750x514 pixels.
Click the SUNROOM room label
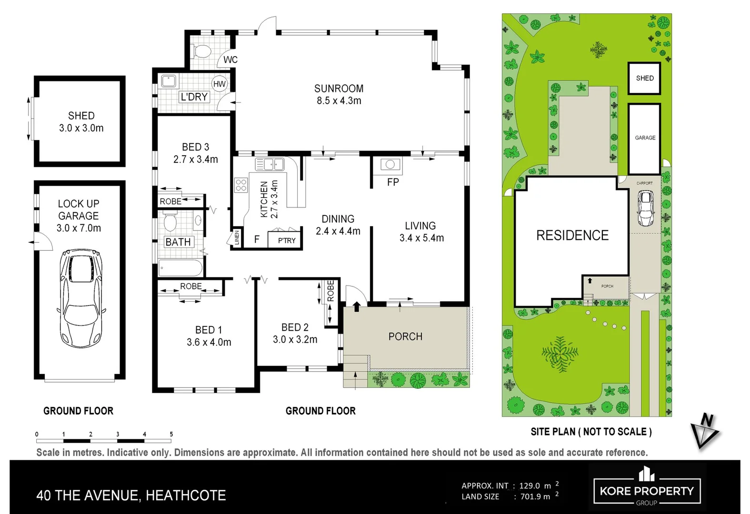tap(339, 89)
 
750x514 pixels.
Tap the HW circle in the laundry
tap(220, 84)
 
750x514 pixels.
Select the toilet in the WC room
tap(203, 51)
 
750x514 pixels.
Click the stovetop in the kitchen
tap(241, 185)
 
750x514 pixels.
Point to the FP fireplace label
tap(393, 182)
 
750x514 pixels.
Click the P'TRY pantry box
tap(286, 240)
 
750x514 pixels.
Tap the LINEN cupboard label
tap(237, 237)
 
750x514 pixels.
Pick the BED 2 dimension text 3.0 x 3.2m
tap(295, 339)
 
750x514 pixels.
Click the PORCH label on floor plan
tap(405, 336)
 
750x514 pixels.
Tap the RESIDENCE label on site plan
tap(572, 235)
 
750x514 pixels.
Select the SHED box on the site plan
tap(644, 78)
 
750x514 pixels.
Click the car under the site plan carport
tap(645, 208)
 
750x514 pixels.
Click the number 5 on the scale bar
tap(171, 434)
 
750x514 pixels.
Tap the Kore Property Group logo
tap(646, 487)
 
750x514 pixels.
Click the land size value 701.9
tap(530, 496)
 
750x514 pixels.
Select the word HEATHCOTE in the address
tap(186, 495)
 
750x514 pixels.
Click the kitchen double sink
tap(270, 164)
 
